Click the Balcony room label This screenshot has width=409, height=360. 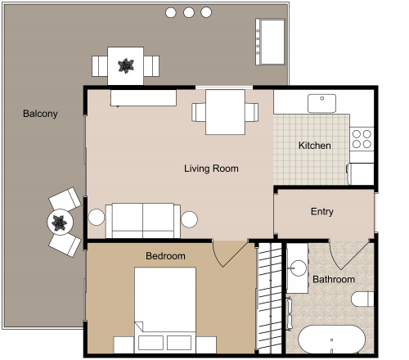coord(40,114)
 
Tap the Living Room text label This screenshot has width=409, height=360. coord(211,169)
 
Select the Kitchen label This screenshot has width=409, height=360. coord(314,146)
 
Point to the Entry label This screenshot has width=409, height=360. coord(322,212)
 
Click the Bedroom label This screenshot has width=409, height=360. coord(165,256)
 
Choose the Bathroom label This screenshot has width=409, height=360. coord(334,280)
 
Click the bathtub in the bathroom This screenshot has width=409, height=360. coord(331,340)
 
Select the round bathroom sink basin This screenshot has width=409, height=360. coord(297,268)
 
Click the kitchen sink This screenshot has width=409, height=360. coord(321,103)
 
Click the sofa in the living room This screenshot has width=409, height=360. coord(143,219)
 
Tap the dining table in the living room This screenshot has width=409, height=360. coord(225,111)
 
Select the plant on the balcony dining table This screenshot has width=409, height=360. coord(126,65)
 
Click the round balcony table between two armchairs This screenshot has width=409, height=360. coord(60,222)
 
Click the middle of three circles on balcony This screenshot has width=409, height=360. coord(189,12)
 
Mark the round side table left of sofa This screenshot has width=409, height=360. coord(97,218)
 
